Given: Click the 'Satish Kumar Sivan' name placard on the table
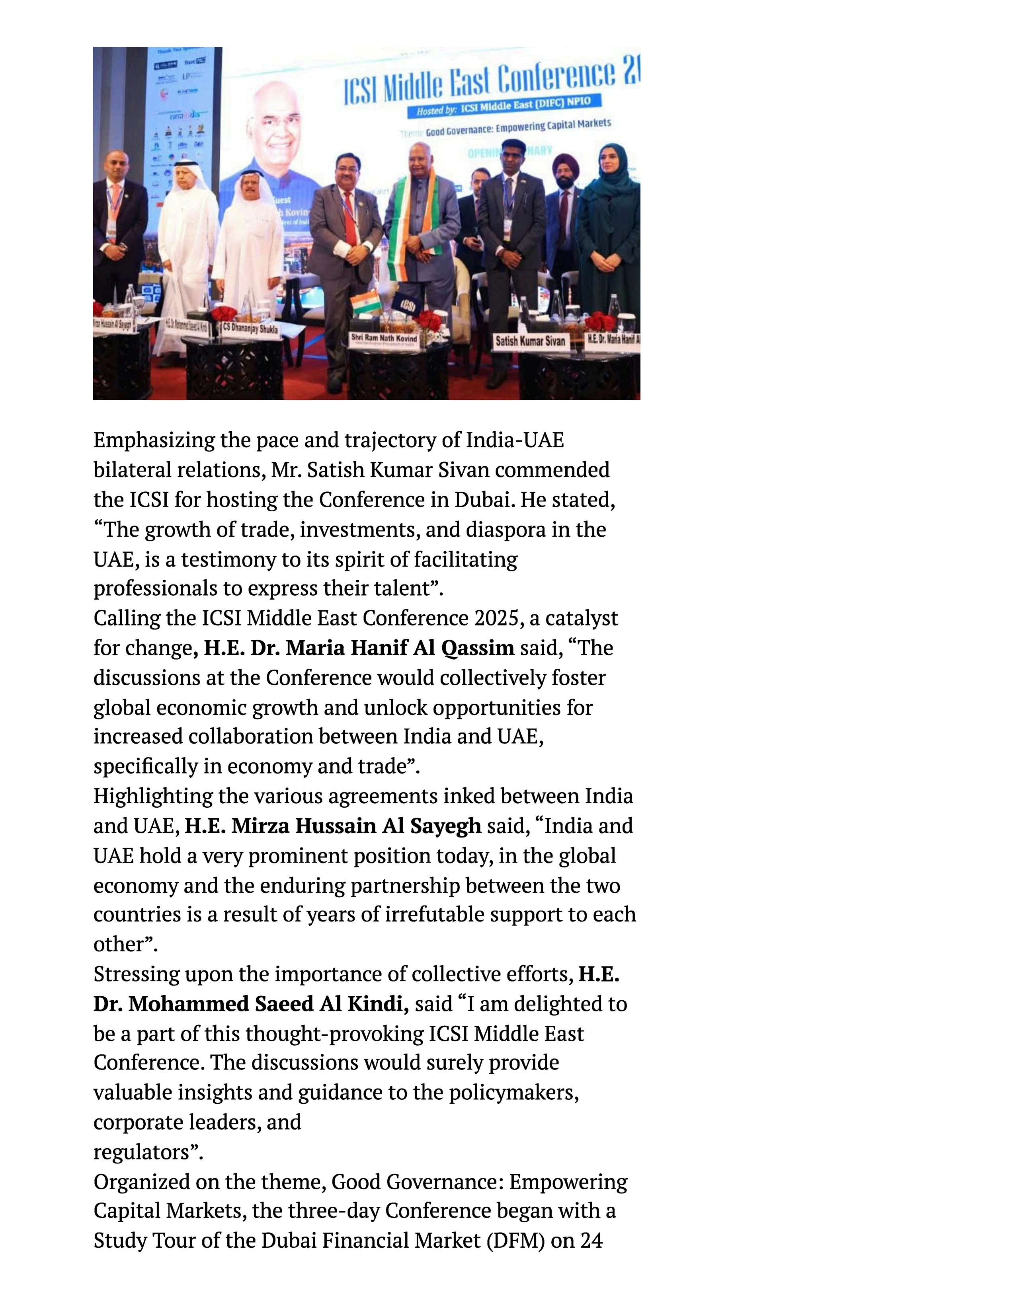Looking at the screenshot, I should [x=530, y=341].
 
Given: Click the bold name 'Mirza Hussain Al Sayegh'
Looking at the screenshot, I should [x=332, y=826].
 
